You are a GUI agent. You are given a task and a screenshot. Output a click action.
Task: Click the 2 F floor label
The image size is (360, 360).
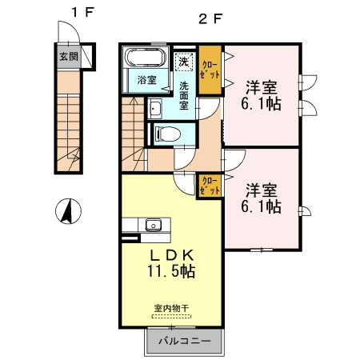tap(210, 17)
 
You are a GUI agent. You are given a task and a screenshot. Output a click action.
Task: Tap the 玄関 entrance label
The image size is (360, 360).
tap(68, 58)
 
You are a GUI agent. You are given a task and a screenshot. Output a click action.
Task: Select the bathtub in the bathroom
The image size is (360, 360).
tap(146, 59)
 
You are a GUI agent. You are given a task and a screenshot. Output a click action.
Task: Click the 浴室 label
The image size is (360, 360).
tap(146, 80)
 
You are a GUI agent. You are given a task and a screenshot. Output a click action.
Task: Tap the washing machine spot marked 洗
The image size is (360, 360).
tap(184, 62)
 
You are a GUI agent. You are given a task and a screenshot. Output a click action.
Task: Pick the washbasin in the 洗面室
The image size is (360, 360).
tap(155, 110)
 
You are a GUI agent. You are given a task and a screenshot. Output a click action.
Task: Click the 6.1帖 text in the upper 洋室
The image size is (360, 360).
tap(262, 104)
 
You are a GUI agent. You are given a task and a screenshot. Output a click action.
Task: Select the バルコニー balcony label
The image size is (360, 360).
tap(184, 342)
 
